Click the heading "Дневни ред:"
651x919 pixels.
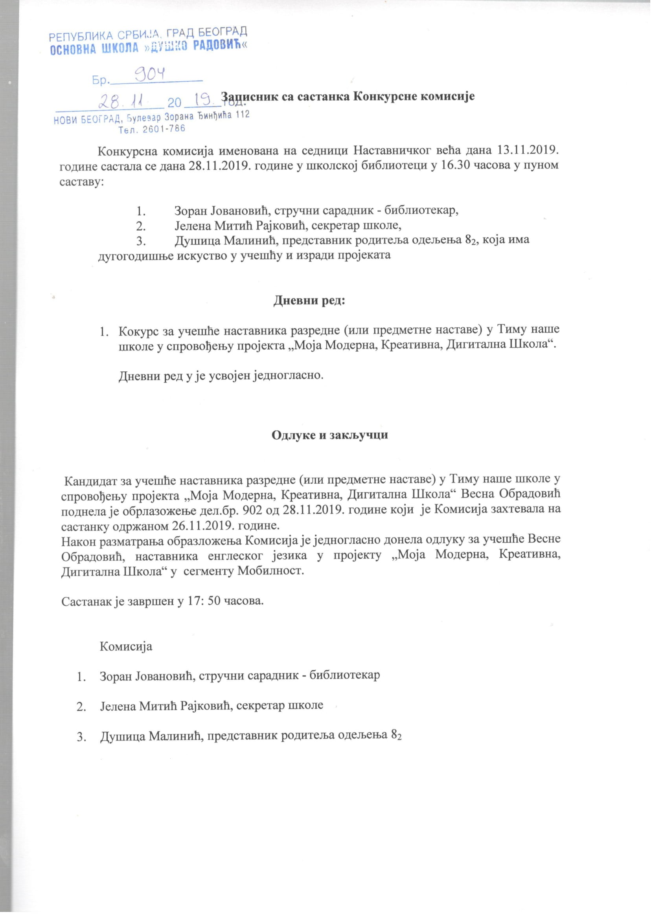coord(309,300)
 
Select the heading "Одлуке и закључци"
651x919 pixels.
coord(329,435)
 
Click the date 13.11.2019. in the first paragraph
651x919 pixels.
coord(528,150)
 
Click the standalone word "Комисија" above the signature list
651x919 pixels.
coord(125,647)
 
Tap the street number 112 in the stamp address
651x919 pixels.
coord(242,115)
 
